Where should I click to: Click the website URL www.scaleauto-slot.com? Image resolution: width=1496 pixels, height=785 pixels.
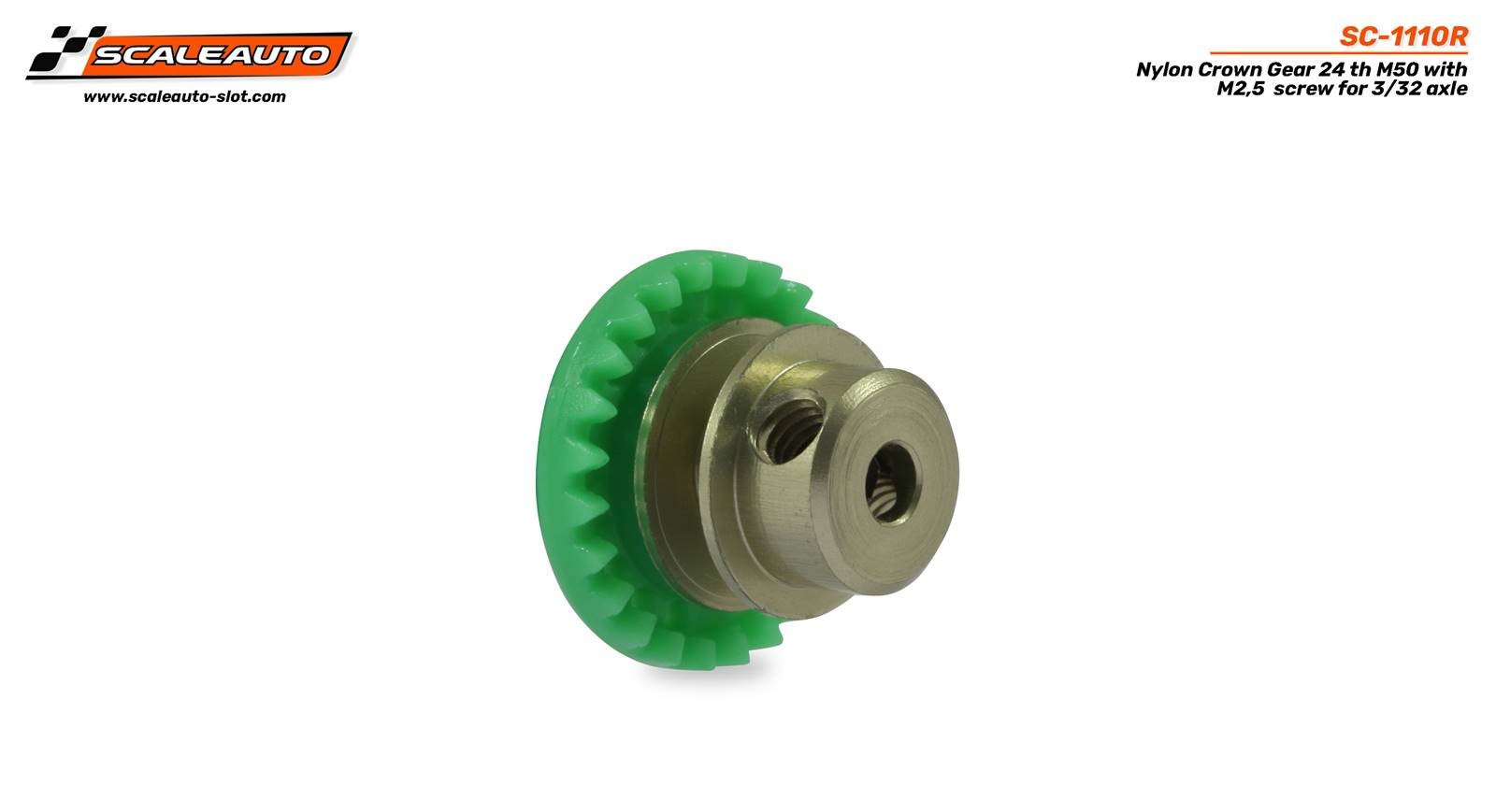184,97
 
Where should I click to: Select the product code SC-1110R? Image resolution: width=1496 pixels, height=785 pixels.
1403,36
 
